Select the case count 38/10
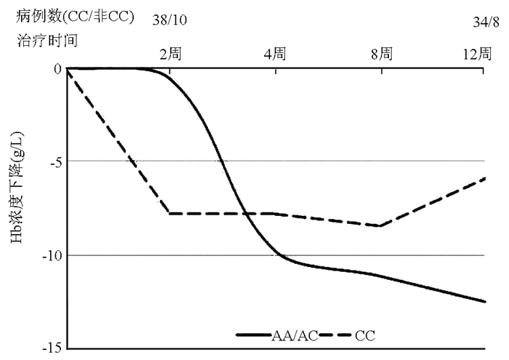tap(169, 20)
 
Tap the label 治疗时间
tap(47, 41)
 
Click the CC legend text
tap(364, 335)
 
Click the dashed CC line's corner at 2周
tap(170, 213)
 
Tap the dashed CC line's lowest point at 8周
tap(380, 225)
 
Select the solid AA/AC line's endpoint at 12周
tap(484, 301)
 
